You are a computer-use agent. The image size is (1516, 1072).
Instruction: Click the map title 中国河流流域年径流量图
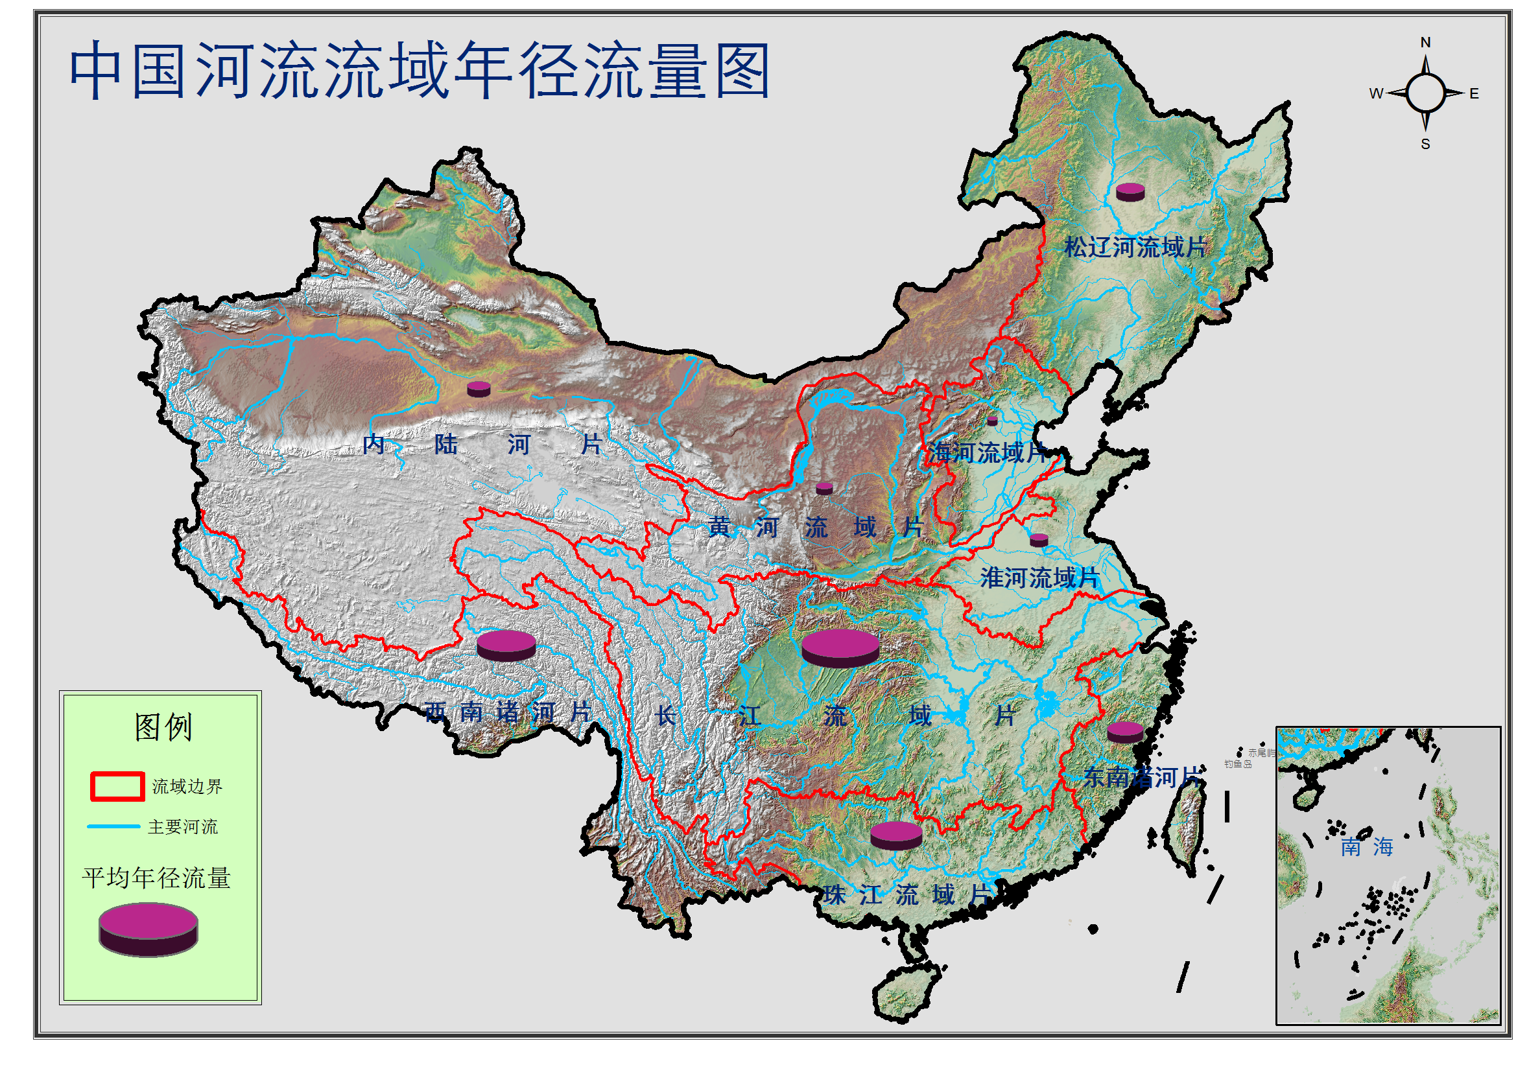[420, 70]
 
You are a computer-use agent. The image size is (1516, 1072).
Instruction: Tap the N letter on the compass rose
[1425, 43]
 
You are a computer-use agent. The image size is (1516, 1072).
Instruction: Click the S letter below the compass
[1425, 144]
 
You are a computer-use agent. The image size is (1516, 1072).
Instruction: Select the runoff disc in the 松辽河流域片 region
[1130, 192]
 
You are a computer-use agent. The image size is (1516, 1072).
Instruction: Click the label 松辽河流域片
[1135, 248]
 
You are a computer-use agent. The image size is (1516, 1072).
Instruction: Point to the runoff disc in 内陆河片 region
[479, 389]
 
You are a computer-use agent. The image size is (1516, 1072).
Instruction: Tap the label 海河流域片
[987, 453]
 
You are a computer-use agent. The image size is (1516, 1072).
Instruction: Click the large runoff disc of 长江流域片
[840, 647]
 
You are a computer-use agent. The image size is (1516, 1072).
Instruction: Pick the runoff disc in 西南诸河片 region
[506, 645]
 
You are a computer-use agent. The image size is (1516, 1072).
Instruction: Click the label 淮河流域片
[1039, 577]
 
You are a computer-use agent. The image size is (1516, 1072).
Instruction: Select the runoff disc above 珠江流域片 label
[896, 835]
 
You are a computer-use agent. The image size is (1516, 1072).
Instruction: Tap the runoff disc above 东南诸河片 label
[1125, 732]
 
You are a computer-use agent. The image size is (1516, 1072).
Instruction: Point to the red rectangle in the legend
[117, 786]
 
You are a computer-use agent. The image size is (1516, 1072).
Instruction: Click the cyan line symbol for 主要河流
[113, 826]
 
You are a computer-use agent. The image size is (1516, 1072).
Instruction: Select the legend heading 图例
[163, 727]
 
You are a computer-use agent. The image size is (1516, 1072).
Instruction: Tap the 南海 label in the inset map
[1367, 847]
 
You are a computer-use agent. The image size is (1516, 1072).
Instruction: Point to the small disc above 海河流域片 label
[991, 421]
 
